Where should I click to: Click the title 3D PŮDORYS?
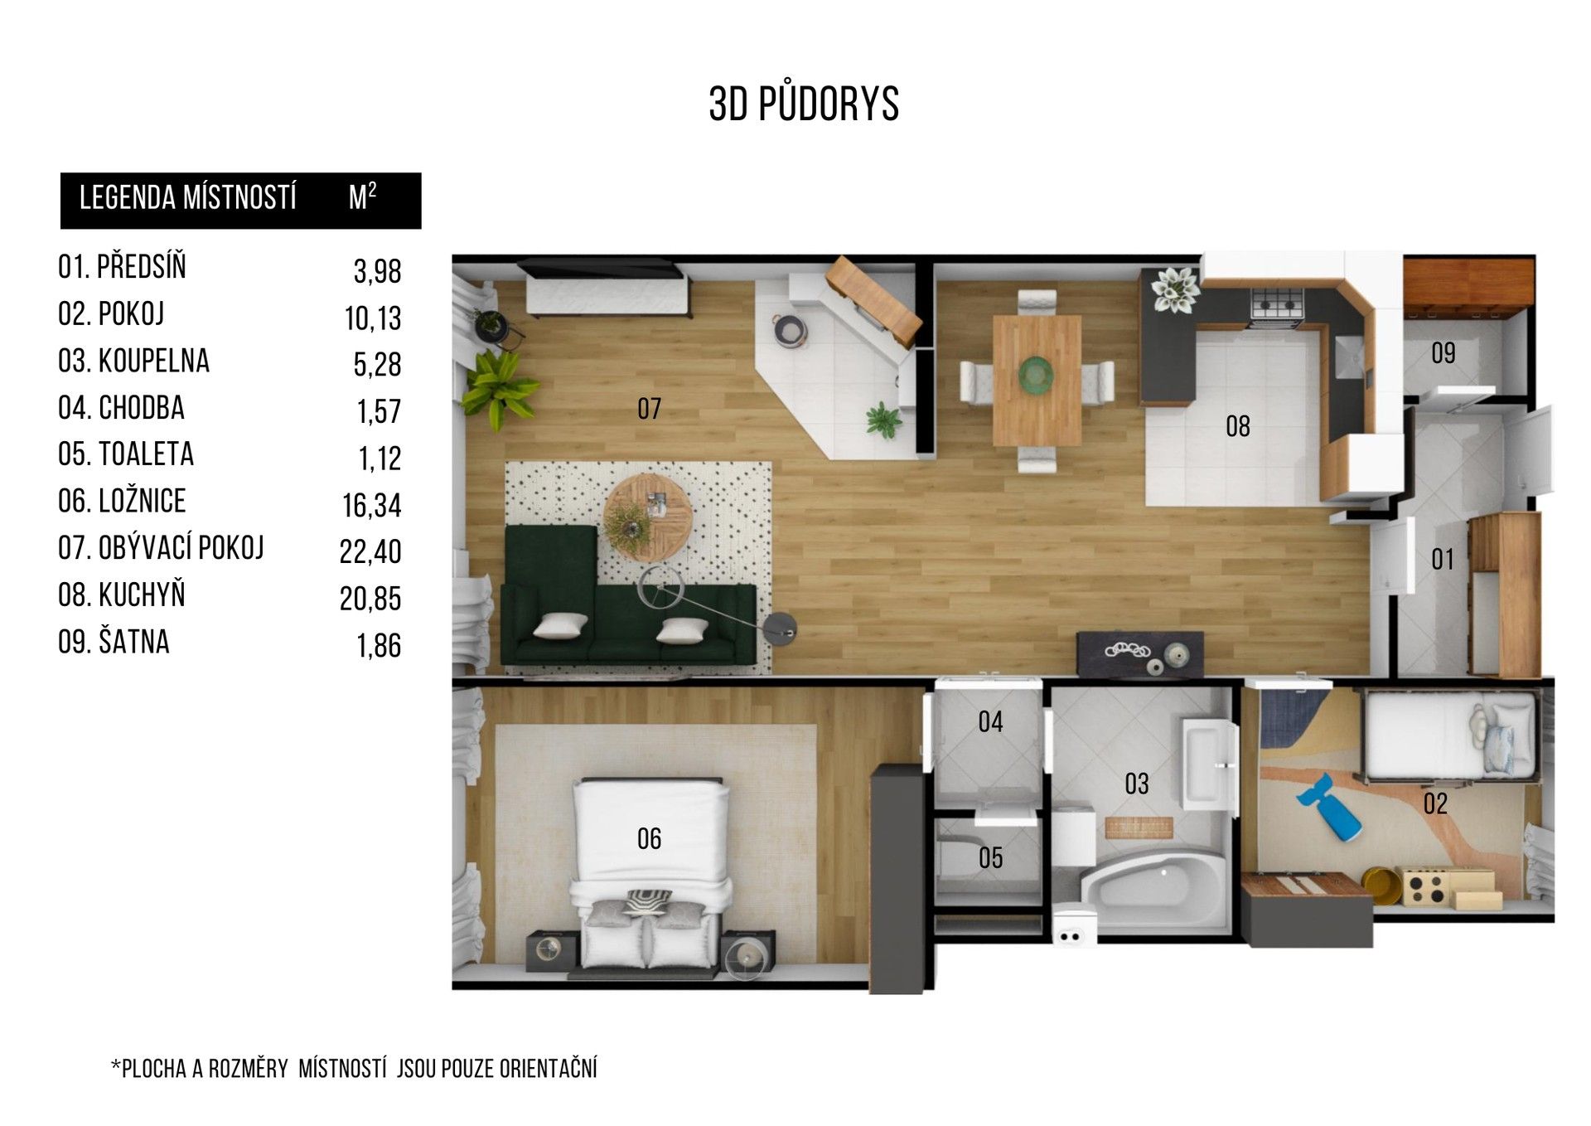click(804, 103)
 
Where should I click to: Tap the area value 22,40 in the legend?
click(370, 551)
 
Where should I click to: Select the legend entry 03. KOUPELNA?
click(133, 362)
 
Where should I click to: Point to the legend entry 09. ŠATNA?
click(114, 642)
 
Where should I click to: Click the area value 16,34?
click(372, 505)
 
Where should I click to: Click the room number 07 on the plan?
click(650, 408)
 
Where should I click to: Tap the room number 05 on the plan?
click(991, 857)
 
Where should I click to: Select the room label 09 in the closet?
click(1444, 353)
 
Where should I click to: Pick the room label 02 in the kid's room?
click(1435, 803)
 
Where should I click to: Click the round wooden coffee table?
click(648, 516)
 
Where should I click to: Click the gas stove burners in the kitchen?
click(1277, 304)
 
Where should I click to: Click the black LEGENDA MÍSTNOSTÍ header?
click(240, 201)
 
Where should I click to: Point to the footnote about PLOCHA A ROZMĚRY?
click(354, 1068)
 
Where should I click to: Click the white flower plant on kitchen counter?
click(1174, 290)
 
